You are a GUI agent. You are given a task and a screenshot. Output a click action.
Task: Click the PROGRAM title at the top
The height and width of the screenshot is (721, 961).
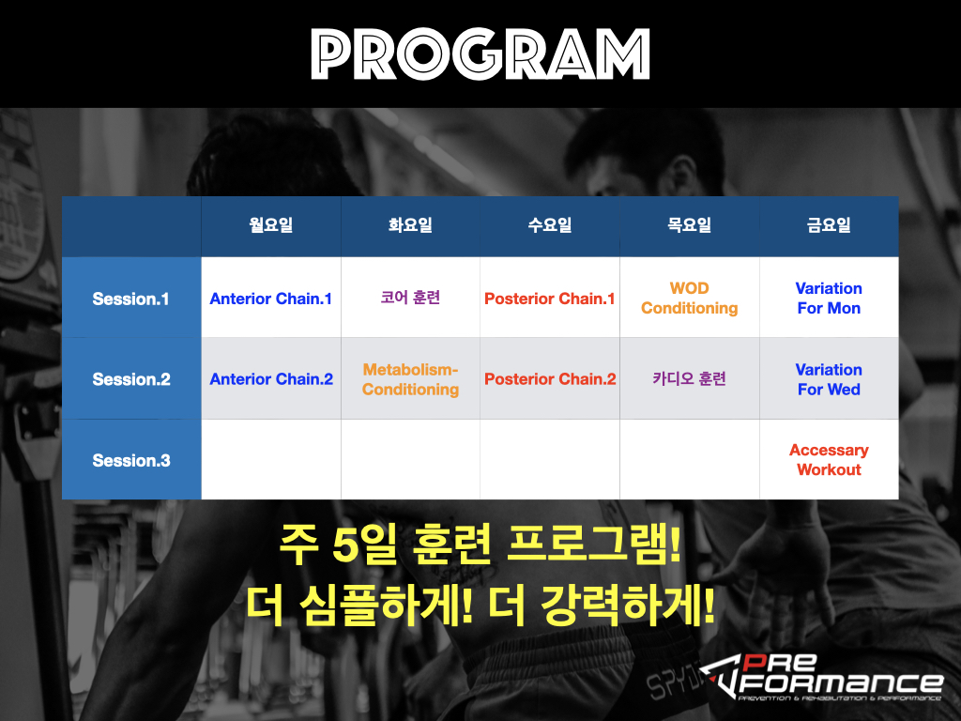pos(480,54)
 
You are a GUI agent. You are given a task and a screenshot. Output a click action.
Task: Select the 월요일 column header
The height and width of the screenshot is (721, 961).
pos(271,225)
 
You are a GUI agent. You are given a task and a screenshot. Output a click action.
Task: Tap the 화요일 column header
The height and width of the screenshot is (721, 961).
pos(410,225)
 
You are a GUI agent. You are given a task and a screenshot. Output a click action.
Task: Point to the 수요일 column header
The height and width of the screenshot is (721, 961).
pos(550,225)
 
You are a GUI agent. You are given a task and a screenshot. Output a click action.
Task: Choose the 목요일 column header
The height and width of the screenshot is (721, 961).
pos(690,225)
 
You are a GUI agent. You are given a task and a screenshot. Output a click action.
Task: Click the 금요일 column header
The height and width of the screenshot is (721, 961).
pos(829,225)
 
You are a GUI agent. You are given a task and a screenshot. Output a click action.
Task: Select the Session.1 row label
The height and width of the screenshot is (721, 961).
pos(130,299)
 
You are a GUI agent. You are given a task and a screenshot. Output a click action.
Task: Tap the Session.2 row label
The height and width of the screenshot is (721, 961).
pos(131,379)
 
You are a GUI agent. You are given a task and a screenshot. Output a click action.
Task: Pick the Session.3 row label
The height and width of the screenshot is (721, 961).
pos(131,460)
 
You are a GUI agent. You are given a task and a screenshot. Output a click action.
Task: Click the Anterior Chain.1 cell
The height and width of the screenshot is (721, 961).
pos(271,299)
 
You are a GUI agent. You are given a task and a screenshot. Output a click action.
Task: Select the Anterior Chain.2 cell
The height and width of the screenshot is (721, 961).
pos(271,379)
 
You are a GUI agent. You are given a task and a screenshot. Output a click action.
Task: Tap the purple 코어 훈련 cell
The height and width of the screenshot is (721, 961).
pos(410,298)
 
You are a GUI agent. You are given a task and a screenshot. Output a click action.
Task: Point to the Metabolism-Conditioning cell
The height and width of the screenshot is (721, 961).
pos(410,379)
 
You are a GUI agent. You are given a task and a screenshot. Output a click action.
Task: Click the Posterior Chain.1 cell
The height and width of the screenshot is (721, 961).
pos(550,299)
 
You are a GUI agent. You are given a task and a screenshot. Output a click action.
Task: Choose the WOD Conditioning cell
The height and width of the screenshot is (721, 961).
pos(690,298)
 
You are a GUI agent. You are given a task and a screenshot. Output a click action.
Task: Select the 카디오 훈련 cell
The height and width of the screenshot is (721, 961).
pos(690,379)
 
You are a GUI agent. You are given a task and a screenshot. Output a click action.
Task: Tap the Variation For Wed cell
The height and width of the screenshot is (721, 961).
pos(829,379)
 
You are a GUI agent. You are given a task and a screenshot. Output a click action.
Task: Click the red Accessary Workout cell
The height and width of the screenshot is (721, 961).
pos(829,460)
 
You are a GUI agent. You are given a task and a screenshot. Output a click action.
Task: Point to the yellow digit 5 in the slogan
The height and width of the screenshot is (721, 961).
pos(345,545)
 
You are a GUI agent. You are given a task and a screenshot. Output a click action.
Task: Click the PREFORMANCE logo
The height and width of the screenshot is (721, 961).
pos(821,677)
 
